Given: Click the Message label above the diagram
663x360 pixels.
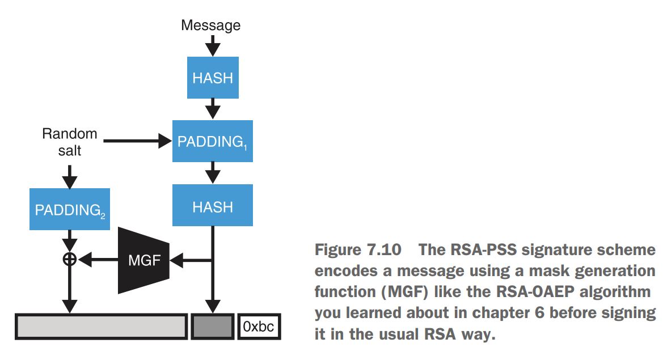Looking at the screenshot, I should coord(210,25).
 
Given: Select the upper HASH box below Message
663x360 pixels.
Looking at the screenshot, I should coord(213,78).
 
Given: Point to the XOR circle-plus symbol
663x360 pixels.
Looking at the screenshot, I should coord(70,260).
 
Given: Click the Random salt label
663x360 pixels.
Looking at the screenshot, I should coord(70,142).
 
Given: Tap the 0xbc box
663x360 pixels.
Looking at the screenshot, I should coord(259,327).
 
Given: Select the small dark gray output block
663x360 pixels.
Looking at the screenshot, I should coord(213,327).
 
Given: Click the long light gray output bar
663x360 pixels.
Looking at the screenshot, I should coord(101,327).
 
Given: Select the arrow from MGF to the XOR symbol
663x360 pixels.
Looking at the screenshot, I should coord(98,260).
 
